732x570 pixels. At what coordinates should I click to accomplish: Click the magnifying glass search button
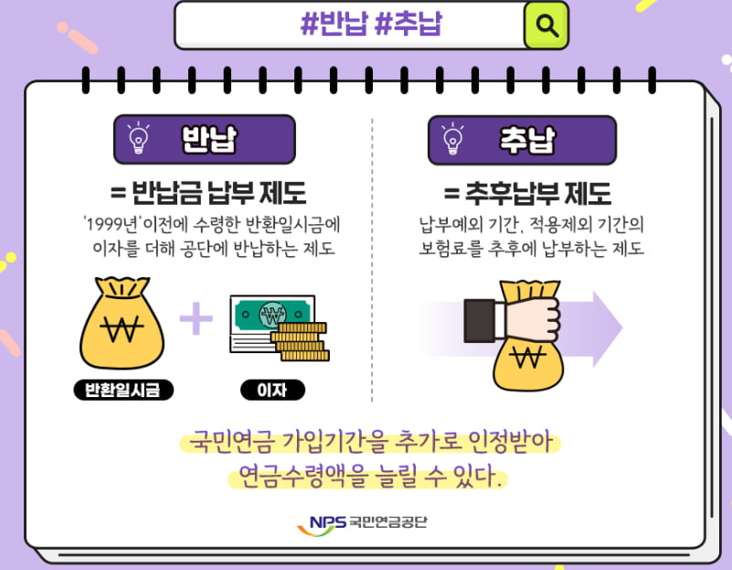[x=546, y=25]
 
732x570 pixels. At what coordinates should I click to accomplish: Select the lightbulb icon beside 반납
[x=139, y=139]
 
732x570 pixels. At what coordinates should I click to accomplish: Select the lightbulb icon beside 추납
[x=452, y=140]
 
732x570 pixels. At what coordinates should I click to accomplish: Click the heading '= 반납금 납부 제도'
[x=207, y=193]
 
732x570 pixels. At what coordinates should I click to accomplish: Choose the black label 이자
[x=272, y=392]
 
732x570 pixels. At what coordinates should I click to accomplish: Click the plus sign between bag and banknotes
[x=196, y=320]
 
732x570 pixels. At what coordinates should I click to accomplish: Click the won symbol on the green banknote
[x=270, y=317]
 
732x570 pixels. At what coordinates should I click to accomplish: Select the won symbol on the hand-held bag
[x=527, y=360]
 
